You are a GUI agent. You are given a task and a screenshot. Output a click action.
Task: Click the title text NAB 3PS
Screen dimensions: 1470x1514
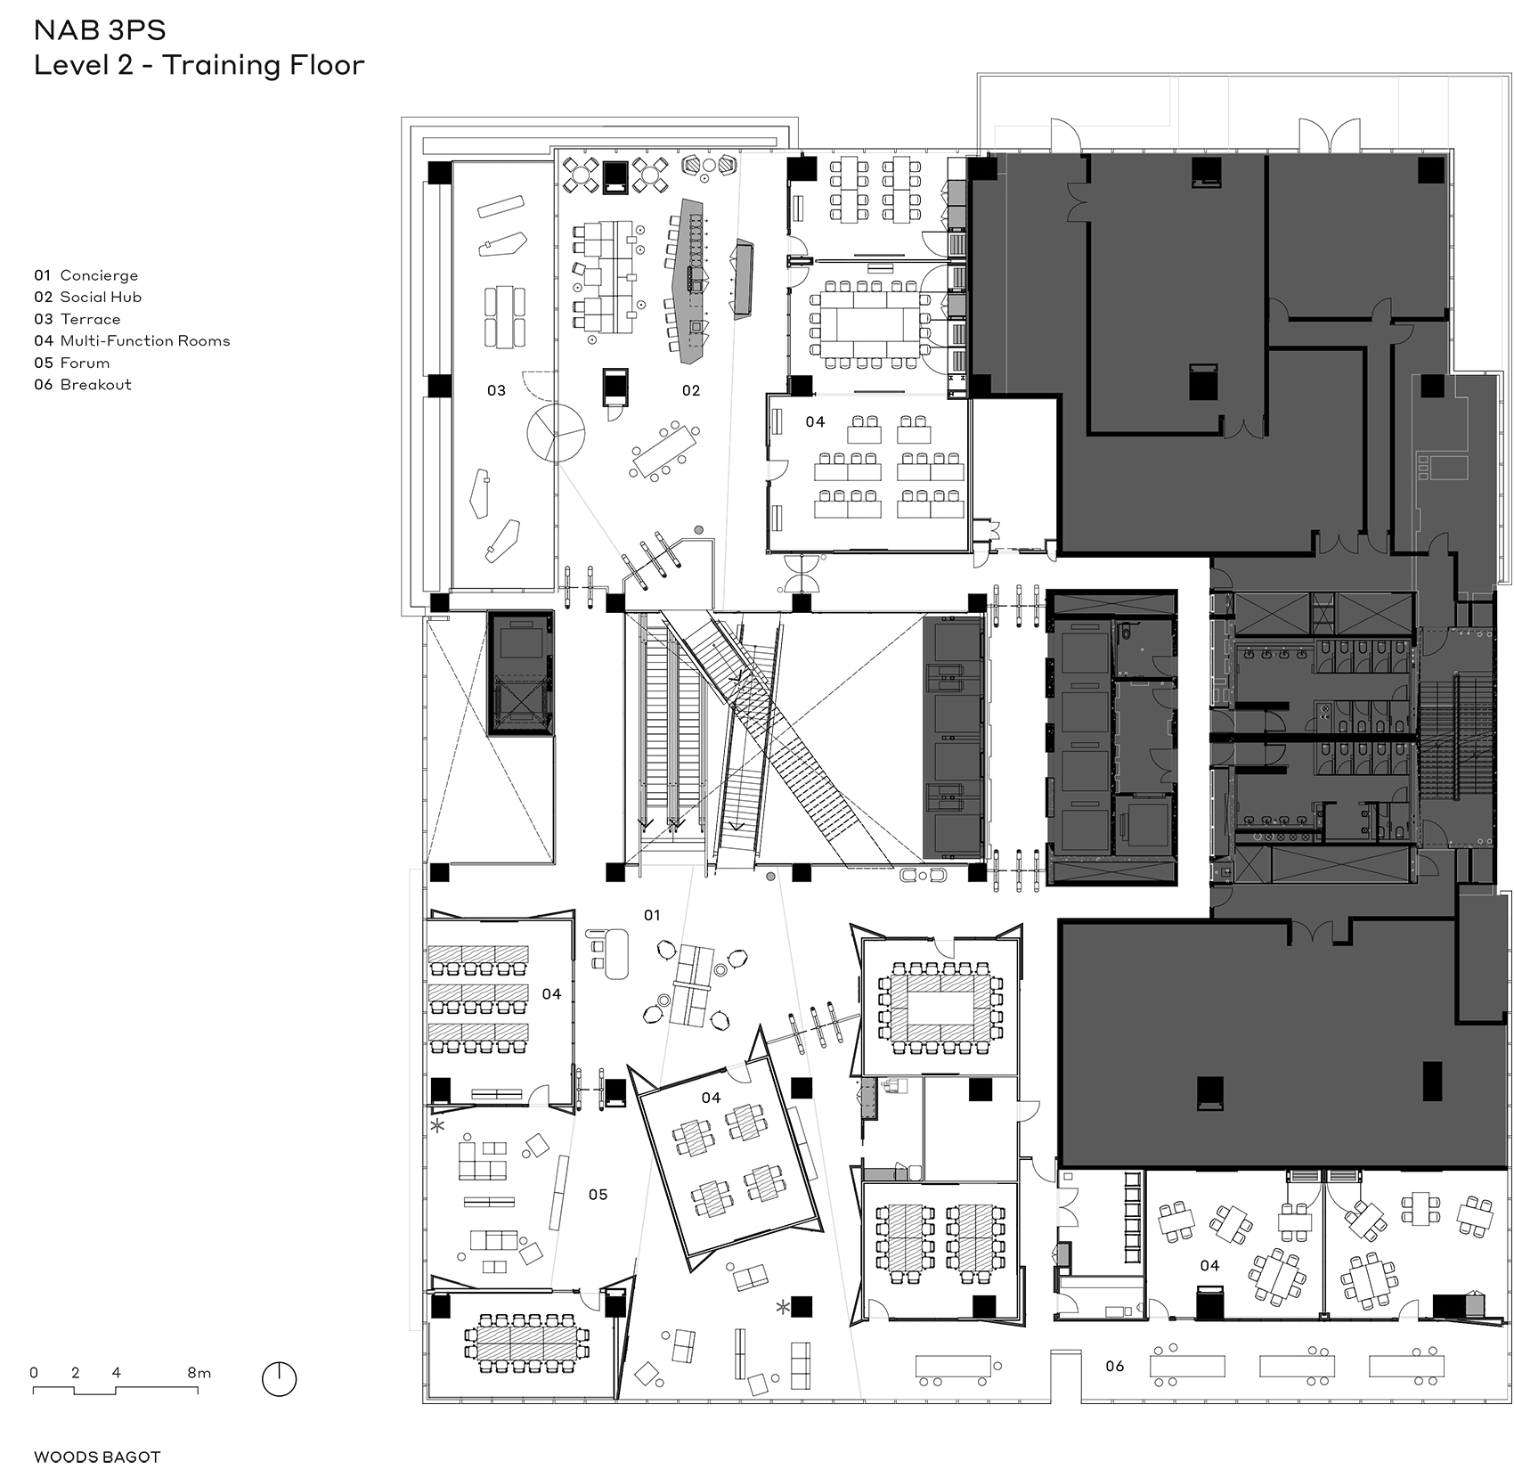(100, 30)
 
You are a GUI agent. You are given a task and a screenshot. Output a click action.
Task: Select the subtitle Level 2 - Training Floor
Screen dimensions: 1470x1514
(199, 66)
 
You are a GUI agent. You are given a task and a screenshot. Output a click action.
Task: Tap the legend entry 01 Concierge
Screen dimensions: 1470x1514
(85, 275)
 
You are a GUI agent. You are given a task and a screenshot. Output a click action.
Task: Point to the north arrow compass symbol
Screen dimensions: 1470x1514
(279, 1379)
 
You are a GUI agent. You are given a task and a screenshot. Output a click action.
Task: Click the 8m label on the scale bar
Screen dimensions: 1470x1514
(199, 1373)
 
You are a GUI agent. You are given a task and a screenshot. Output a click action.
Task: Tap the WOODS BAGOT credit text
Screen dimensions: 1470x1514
(97, 1458)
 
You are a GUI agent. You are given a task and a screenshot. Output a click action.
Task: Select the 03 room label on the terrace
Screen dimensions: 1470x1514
(496, 390)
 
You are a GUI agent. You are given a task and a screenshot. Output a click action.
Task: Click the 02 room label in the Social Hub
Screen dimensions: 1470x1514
(691, 390)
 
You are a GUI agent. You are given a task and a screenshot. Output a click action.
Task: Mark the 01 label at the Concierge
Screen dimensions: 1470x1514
(652, 915)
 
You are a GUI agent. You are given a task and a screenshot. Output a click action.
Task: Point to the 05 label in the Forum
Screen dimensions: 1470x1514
(598, 1194)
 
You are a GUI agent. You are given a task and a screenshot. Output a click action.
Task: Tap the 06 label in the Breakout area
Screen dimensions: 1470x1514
(1114, 1366)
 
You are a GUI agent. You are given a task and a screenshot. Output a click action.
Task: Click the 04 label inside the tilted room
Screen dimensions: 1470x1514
(711, 1098)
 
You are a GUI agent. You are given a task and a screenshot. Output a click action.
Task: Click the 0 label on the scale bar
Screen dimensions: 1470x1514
(34, 1373)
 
